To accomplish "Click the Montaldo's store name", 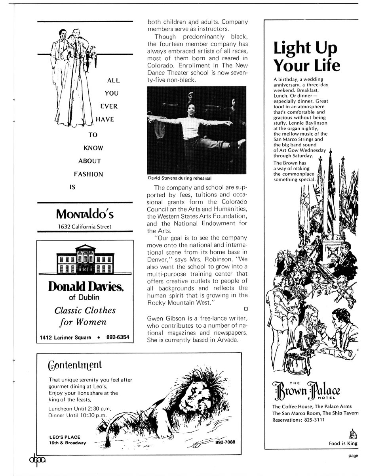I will (85, 214).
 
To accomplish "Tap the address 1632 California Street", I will (85, 226).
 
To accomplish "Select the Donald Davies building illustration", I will (85, 260).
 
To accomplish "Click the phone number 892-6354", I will (118, 338).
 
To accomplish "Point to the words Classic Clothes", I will (85, 310).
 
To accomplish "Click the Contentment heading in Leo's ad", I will (74, 365).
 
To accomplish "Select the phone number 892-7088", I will (223, 442).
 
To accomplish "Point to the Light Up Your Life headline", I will (307, 57).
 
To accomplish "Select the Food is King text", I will (343, 443).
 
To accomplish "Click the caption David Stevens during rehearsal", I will (179, 178).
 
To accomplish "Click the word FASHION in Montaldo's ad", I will (88, 174).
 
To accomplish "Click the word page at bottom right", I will (353, 456).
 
